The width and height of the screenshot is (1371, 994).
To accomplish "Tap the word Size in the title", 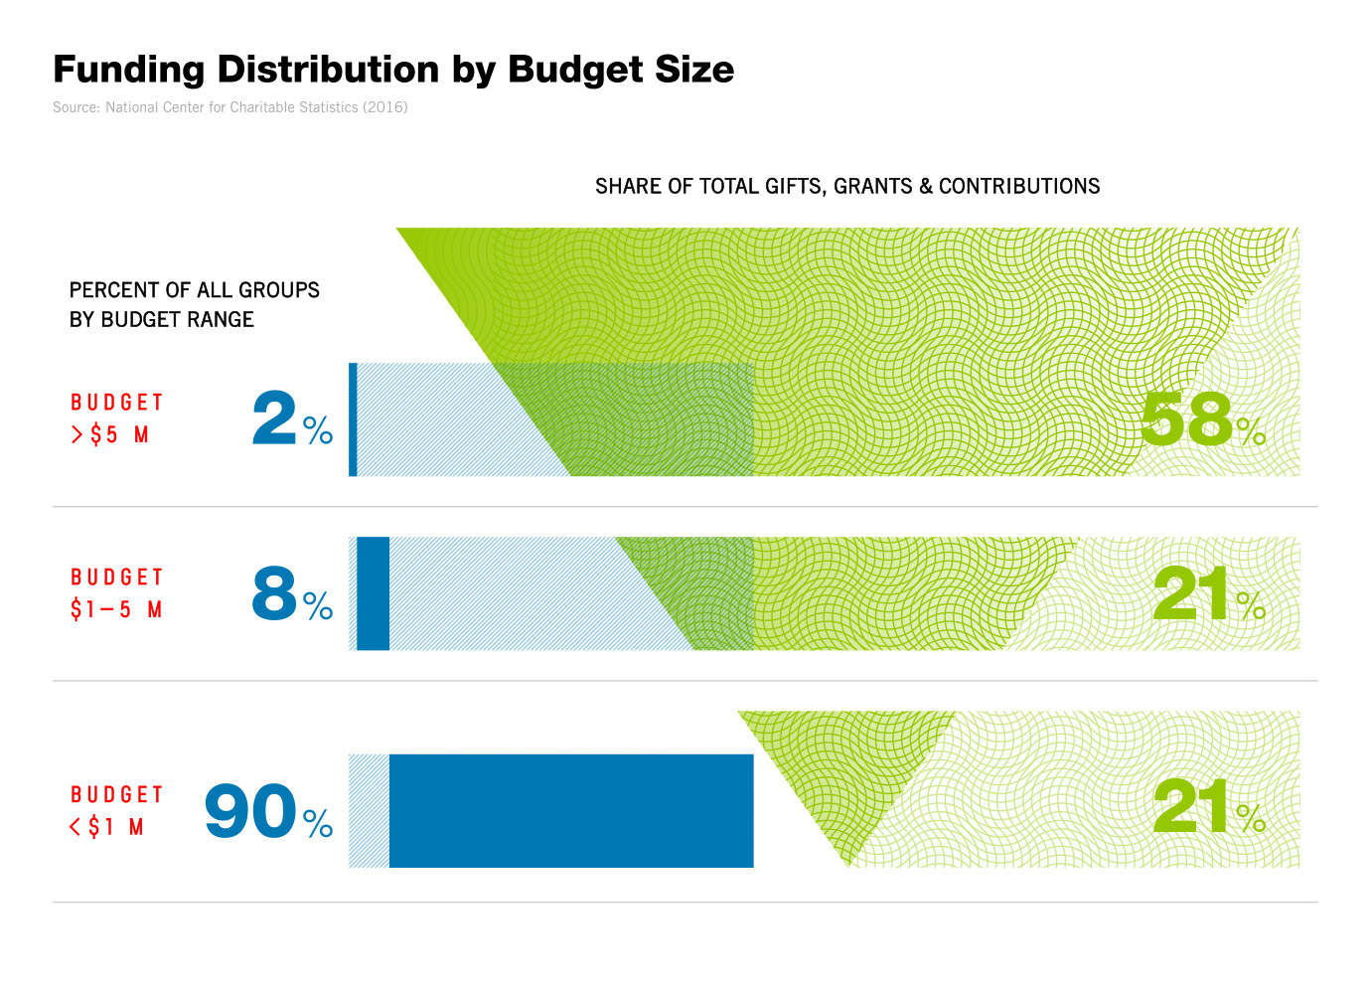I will click(x=694, y=70).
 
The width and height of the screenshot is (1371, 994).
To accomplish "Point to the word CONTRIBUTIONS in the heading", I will click(x=1019, y=187).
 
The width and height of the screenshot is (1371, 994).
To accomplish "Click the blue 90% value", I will click(x=267, y=812).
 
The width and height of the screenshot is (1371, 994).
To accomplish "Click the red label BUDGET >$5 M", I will click(x=116, y=418).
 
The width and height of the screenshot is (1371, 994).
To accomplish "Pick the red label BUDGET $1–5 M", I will click(x=116, y=593).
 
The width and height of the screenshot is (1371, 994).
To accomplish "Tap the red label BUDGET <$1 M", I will click(x=116, y=811).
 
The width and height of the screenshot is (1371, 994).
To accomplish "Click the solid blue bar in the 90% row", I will click(x=571, y=811).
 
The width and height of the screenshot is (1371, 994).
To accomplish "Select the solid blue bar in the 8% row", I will click(x=373, y=593).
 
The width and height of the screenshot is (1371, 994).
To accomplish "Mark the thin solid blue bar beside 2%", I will click(x=353, y=419).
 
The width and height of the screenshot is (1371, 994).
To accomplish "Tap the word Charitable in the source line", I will click(x=265, y=107).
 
